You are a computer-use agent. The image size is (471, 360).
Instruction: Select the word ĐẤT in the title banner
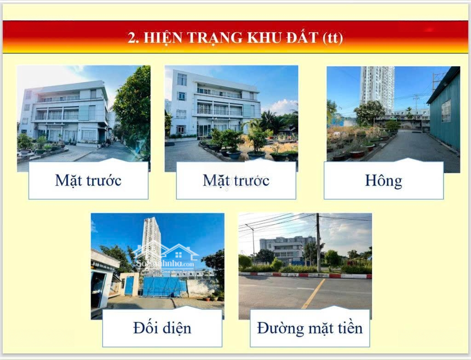coord(299,38)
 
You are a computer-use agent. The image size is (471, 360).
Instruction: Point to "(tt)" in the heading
coord(333,38)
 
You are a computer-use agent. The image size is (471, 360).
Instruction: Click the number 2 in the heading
coord(133,38)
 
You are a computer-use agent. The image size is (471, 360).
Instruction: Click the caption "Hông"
coord(383,180)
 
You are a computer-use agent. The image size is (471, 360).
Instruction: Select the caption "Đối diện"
coord(162,328)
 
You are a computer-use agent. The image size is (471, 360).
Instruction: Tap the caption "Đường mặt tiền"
coord(310,328)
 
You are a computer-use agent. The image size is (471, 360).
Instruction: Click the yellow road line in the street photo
coord(314,295)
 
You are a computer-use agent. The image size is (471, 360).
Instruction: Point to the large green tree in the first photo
coord(133,101)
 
